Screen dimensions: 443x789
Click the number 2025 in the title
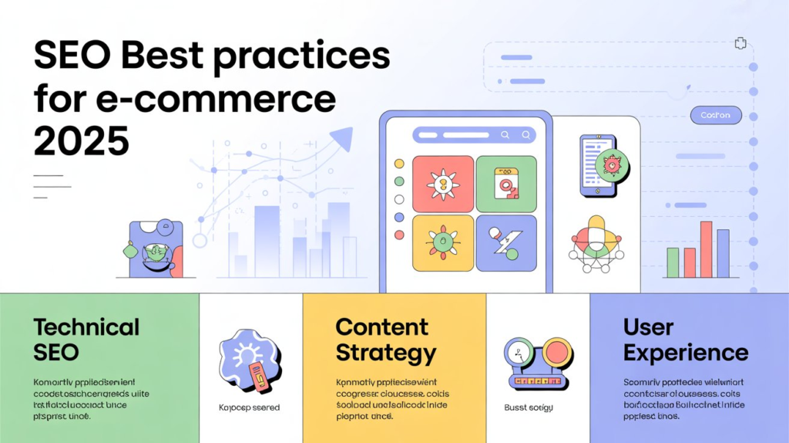click(x=81, y=141)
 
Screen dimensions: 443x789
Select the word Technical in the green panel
click(x=86, y=326)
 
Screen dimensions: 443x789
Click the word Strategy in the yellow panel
click(x=386, y=353)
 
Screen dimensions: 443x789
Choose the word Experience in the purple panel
click(x=686, y=353)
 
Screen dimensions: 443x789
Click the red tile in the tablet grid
click(x=442, y=184)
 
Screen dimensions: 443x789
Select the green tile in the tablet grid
click(x=505, y=184)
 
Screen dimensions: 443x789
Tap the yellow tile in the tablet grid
click(x=442, y=242)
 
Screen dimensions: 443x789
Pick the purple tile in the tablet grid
click(x=505, y=242)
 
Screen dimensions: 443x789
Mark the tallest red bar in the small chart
click(x=706, y=249)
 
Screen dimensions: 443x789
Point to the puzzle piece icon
click(x=741, y=43)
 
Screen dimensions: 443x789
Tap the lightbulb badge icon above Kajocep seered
click(x=248, y=359)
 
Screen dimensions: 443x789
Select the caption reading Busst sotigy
click(x=529, y=407)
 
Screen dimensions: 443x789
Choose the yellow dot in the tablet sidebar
click(x=399, y=164)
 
